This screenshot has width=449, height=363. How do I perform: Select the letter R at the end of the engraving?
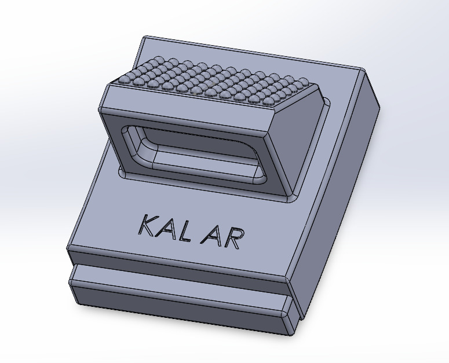[x=232, y=238]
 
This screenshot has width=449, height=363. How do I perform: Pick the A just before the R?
[x=211, y=235]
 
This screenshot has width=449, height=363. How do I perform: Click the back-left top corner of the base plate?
[x=145, y=39]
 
